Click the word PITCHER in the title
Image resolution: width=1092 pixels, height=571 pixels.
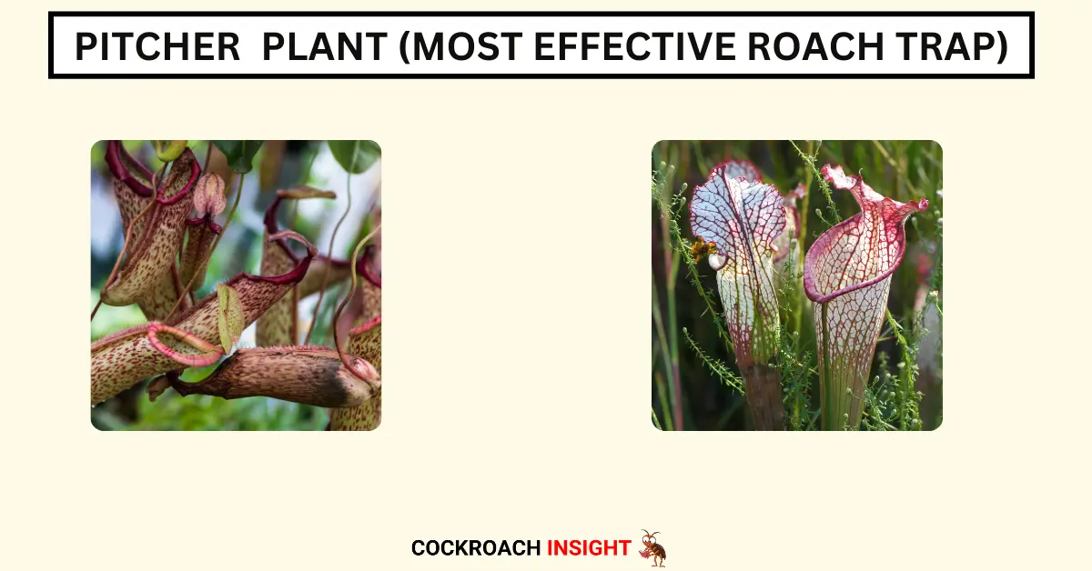pyautogui.click(x=157, y=46)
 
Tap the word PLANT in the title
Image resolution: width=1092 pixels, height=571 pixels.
pyautogui.click(x=325, y=46)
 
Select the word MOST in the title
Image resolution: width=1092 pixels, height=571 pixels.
pyautogui.click(x=467, y=46)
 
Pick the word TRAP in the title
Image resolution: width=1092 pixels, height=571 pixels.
pyautogui.click(x=945, y=46)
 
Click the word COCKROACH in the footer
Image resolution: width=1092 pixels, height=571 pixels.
pyautogui.click(x=476, y=548)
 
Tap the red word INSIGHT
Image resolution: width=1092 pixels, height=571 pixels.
pyautogui.click(x=589, y=548)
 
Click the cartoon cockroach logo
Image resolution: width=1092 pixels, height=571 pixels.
pyautogui.click(x=653, y=548)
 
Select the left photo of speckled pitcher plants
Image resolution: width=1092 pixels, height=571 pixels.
pyautogui.click(x=236, y=285)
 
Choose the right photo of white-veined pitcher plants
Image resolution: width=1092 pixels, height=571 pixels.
pyautogui.click(x=797, y=285)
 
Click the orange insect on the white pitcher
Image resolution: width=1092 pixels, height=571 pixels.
pyautogui.click(x=702, y=249)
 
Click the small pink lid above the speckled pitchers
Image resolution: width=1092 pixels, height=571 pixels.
pyautogui.click(x=209, y=194)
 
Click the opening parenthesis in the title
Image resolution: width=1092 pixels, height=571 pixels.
pyautogui.click(x=405, y=46)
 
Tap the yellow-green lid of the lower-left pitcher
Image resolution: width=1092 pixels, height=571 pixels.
pyautogui.click(x=230, y=316)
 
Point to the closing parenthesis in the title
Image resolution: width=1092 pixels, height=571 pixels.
pyautogui.click(x=1002, y=46)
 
